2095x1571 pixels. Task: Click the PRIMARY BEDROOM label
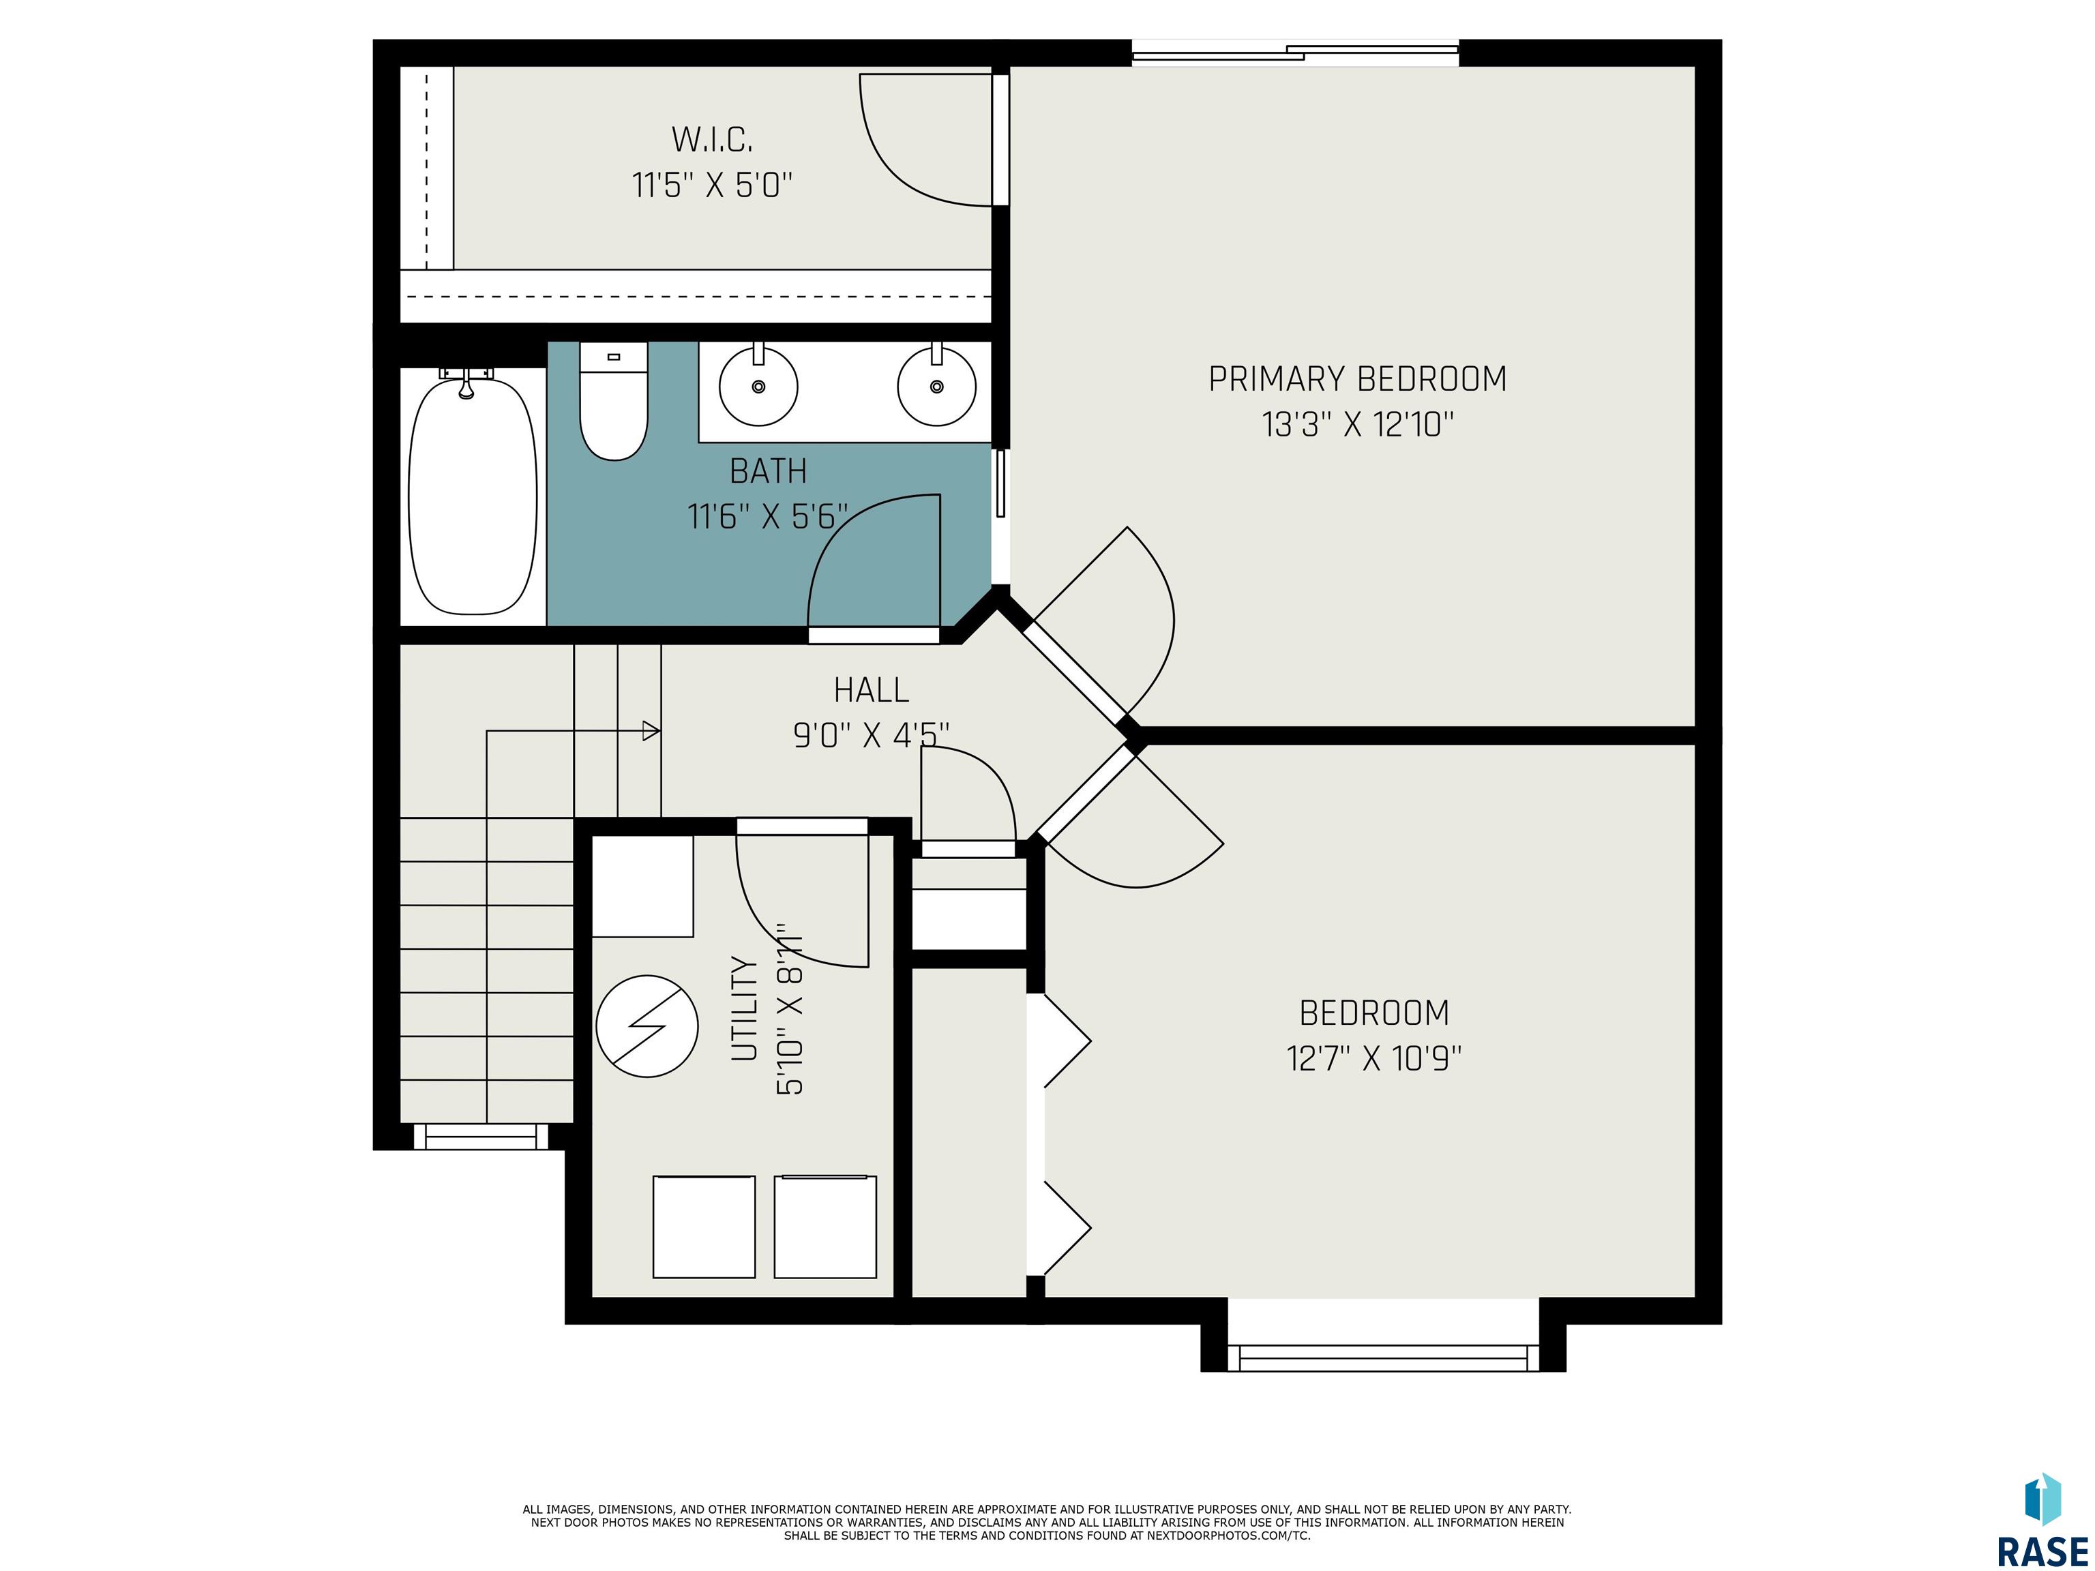pyautogui.click(x=1357, y=379)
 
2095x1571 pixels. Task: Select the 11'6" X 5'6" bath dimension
pyautogui.click(x=767, y=516)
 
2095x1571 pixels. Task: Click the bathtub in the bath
pyautogui.click(x=473, y=494)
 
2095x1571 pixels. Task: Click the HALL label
pyautogui.click(x=872, y=689)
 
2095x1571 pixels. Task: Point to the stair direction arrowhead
pyautogui.click(x=651, y=731)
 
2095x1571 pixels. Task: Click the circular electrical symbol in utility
pyautogui.click(x=647, y=1026)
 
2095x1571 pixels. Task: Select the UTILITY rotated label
pyautogui.click(x=745, y=1008)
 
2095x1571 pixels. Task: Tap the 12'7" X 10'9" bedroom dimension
pyautogui.click(x=1374, y=1058)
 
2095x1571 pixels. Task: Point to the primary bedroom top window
pyautogui.click(x=1296, y=54)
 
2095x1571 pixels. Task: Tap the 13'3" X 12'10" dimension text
pyautogui.click(x=1357, y=424)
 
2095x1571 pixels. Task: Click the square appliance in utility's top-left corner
pyautogui.click(x=643, y=886)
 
